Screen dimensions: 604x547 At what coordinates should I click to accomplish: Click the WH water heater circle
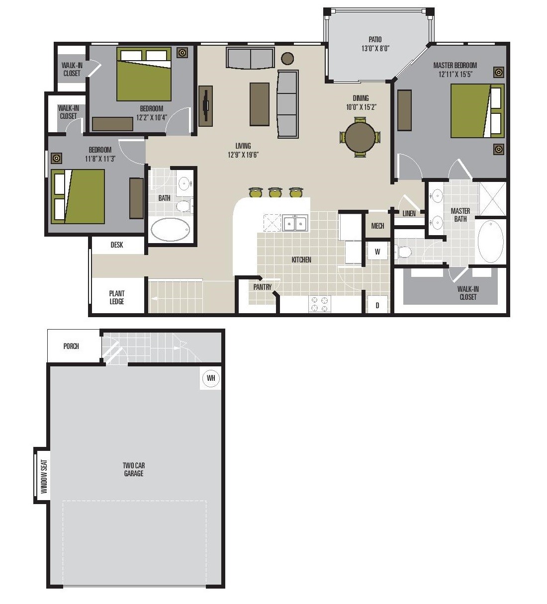pyautogui.click(x=211, y=378)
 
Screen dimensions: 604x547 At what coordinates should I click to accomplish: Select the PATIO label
pyautogui.click(x=375, y=40)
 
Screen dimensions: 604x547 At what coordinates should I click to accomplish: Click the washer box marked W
pyautogui.click(x=377, y=252)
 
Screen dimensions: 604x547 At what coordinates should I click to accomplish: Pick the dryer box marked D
pyautogui.click(x=377, y=305)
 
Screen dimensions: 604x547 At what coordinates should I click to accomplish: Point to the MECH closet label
pyautogui.click(x=377, y=226)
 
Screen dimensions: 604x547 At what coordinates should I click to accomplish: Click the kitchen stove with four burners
pyautogui.click(x=319, y=304)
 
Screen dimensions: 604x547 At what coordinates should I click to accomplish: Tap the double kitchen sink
pyautogui.click(x=295, y=223)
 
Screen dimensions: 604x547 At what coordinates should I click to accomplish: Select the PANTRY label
pyautogui.click(x=263, y=287)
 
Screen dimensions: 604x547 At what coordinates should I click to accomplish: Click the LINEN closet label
pyautogui.click(x=409, y=214)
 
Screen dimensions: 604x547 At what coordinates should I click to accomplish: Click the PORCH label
pyautogui.click(x=71, y=346)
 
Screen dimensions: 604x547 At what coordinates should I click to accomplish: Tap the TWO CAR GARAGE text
pyautogui.click(x=134, y=469)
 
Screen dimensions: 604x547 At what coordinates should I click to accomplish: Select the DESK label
pyautogui.click(x=117, y=245)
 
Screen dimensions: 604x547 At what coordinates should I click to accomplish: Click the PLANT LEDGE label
pyautogui.click(x=117, y=297)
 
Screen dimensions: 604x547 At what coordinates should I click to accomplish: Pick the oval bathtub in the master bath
pyautogui.click(x=490, y=242)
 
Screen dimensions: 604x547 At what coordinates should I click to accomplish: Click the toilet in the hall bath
pyautogui.click(x=184, y=205)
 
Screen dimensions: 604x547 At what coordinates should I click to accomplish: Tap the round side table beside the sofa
pyautogui.click(x=287, y=58)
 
